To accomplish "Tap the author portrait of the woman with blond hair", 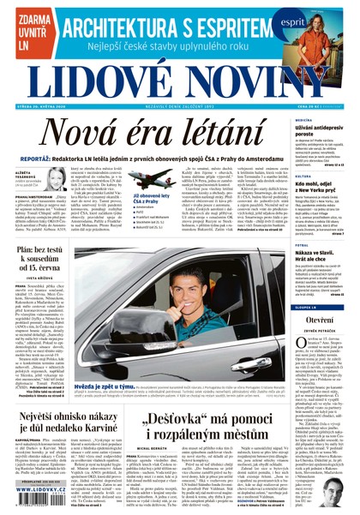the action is (56, 177).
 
